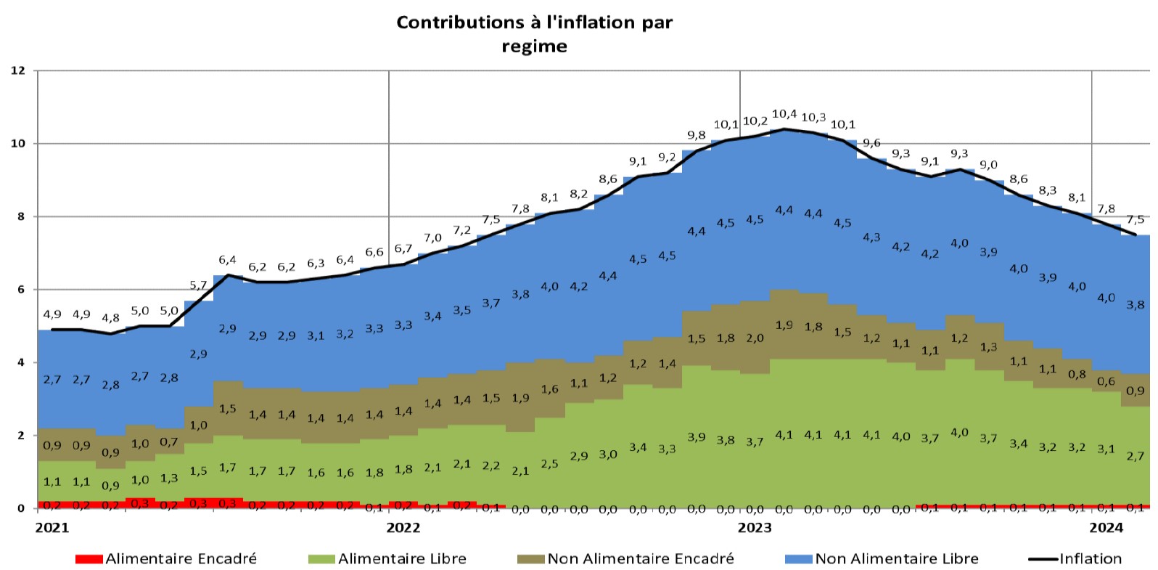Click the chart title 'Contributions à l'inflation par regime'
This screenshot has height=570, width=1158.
[534, 33]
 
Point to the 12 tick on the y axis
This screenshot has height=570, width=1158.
[18, 70]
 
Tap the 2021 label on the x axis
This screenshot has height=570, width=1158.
[52, 526]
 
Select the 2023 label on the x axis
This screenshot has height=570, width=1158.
[755, 526]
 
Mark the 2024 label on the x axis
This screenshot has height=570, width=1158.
[1106, 526]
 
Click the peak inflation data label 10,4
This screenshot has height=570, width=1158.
[784, 114]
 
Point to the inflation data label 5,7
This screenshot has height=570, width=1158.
[198, 285]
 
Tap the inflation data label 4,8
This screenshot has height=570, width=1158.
[110, 318]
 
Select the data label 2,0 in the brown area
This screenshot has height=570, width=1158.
[755, 338]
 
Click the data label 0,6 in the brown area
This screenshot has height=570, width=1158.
[1106, 381]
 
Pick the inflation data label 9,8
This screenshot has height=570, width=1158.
[696, 135]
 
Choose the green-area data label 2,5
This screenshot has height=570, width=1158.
[549, 463]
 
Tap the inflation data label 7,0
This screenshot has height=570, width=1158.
[432, 237]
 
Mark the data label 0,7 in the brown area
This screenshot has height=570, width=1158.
[169, 441]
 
